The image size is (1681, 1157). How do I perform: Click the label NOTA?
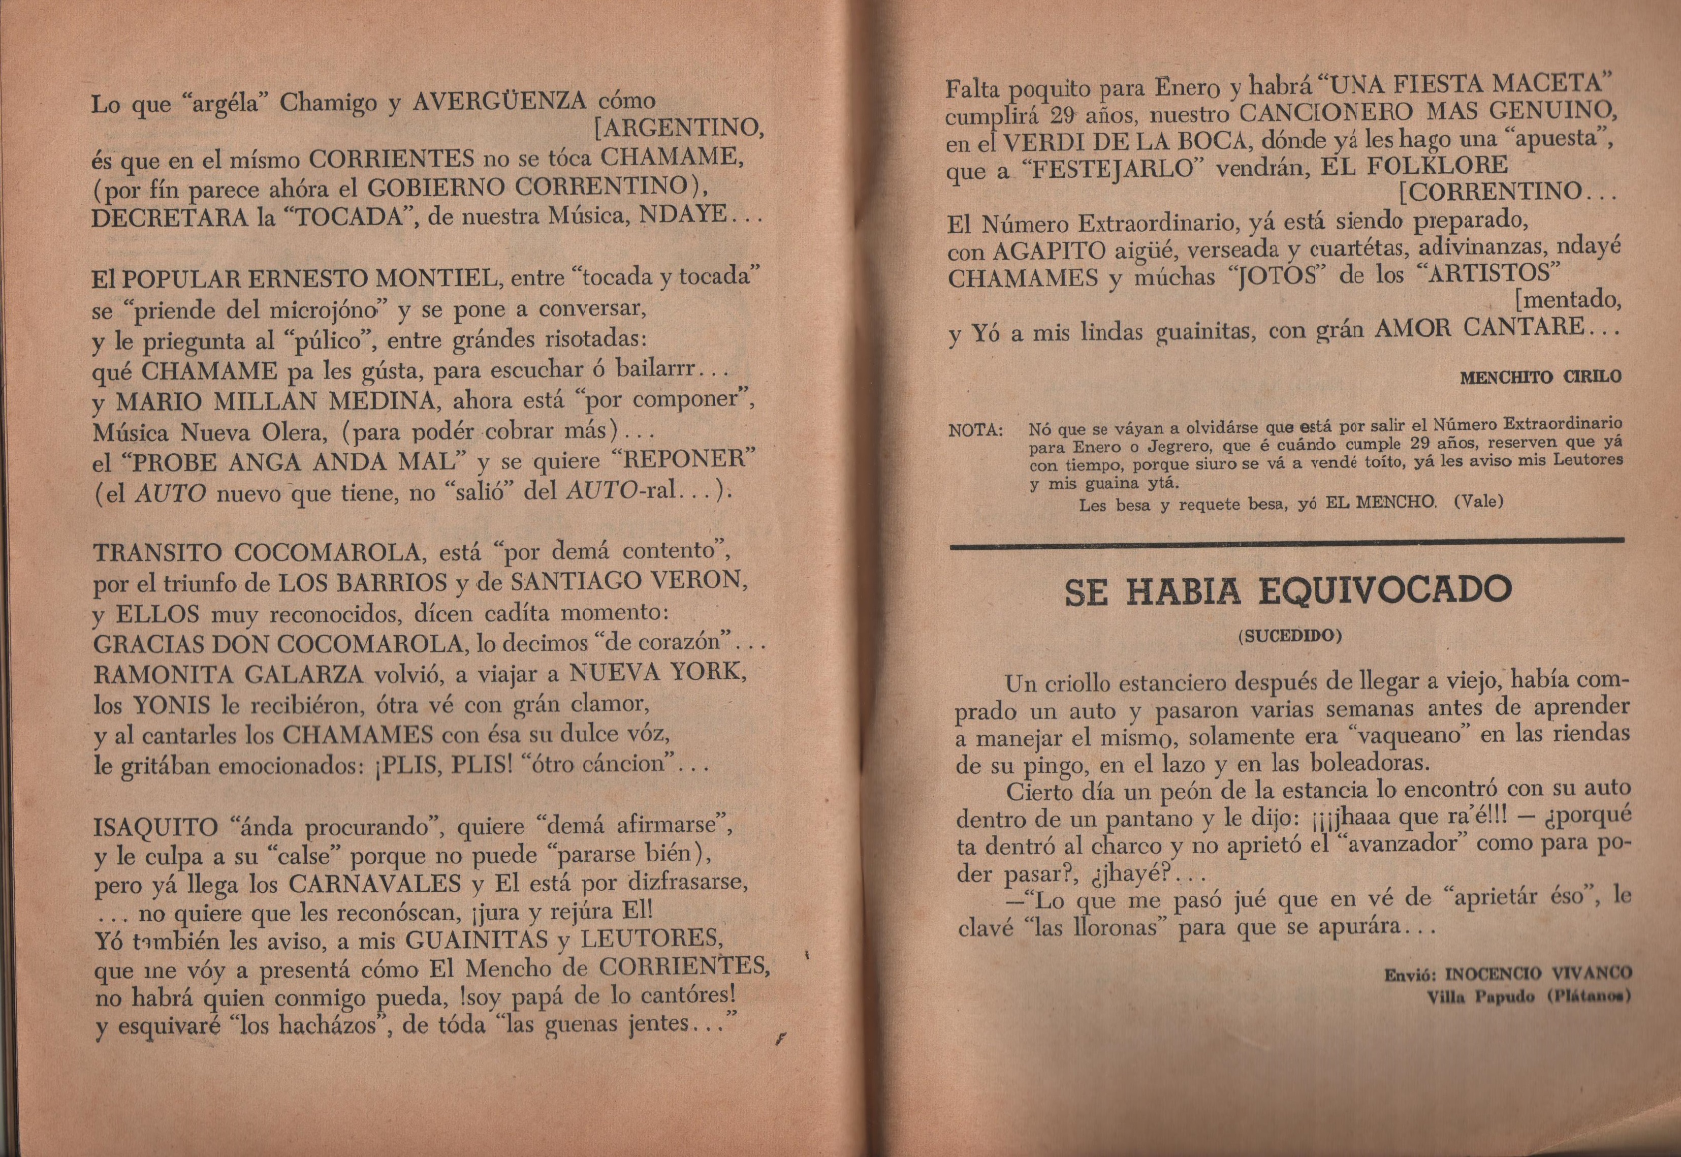(976, 430)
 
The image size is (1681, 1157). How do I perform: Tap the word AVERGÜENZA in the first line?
(499, 102)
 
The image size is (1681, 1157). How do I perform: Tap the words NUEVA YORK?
(658, 673)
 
